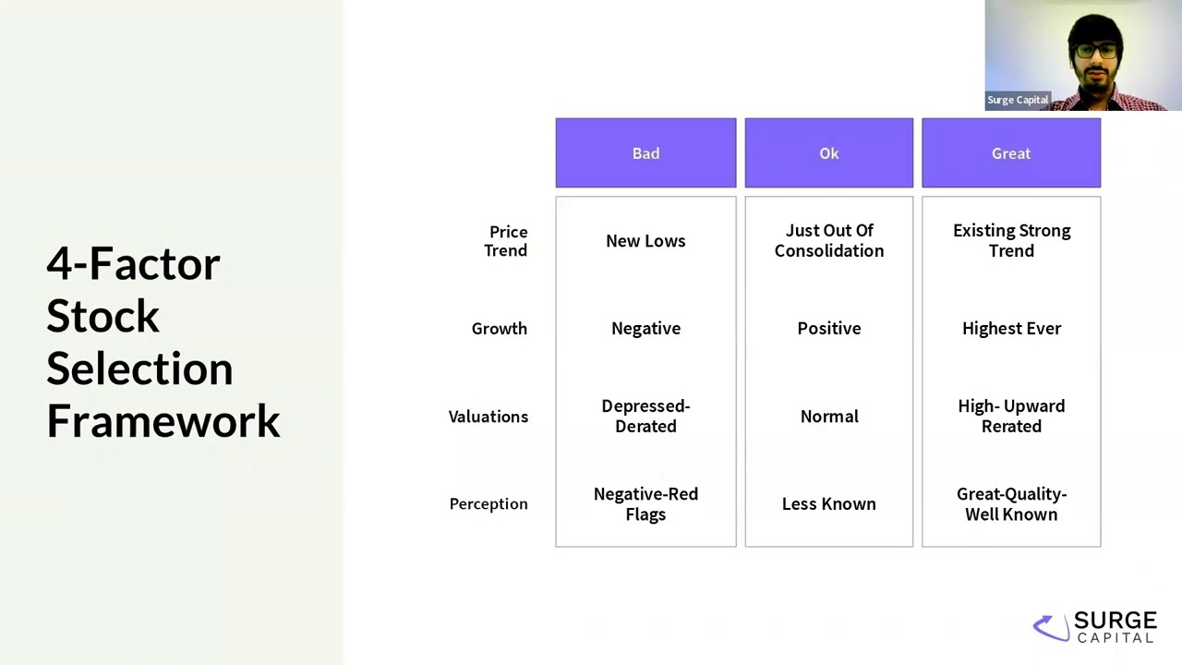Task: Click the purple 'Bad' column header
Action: click(645, 153)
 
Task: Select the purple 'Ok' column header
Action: click(828, 153)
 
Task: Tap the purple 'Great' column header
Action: click(1010, 153)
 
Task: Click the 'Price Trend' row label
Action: click(506, 241)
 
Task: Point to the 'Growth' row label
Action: click(499, 329)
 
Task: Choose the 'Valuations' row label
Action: click(488, 417)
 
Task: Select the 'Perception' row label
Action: click(488, 504)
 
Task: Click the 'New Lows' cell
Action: click(645, 241)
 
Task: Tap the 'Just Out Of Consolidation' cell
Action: click(828, 241)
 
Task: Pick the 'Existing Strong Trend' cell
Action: click(1011, 241)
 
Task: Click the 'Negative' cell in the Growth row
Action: click(645, 329)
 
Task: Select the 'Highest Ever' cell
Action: click(1011, 329)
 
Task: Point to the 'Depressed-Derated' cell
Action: click(645, 417)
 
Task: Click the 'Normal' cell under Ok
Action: click(828, 417)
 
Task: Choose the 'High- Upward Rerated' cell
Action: click(1011, 417)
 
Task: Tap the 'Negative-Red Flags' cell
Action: click(645, 504)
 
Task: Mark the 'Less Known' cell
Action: click(828, 504)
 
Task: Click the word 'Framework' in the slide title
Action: click(163, 421)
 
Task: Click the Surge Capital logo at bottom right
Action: click(1095, 627)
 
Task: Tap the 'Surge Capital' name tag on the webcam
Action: click(1018, 100)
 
